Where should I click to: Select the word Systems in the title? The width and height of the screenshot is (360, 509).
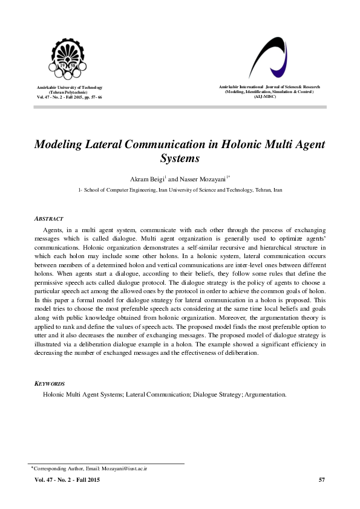tap(180, 159)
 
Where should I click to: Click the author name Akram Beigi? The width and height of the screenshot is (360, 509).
tap(146, 179)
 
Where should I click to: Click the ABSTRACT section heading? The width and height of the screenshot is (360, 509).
tap(49, 218)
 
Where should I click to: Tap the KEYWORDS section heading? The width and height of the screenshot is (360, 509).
tap(50, 384)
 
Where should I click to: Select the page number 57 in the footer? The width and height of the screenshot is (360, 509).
tap(322, 480)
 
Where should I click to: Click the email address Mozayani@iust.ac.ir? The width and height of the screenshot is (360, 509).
tap(126, 468)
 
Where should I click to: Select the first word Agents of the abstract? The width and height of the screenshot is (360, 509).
tap(53, 231)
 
